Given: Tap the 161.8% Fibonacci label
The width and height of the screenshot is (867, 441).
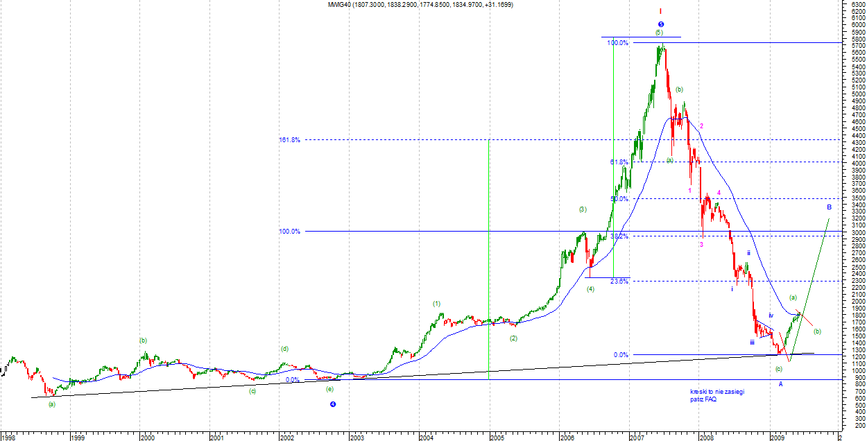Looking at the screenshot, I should (289, 140).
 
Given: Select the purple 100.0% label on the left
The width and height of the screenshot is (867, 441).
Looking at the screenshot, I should (289, 232).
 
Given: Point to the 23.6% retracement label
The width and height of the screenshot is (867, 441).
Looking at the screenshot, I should (619, 281).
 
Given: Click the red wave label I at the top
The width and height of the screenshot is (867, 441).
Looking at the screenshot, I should (660, 11).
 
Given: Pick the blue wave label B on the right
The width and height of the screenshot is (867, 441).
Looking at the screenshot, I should (829, 207).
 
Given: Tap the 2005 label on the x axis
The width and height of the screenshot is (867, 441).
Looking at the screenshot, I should (497, 438).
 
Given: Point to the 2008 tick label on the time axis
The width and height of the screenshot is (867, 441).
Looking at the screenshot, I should (707, 438).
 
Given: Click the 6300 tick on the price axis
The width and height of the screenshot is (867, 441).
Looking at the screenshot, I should (852, 4).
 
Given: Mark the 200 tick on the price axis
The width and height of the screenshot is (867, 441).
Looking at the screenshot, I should (850, 426).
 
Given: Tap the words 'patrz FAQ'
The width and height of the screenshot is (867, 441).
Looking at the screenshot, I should (703, 399).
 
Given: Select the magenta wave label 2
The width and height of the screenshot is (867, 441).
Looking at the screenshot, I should (701, 126).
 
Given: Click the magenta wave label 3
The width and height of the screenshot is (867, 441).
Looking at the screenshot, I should (701, 245).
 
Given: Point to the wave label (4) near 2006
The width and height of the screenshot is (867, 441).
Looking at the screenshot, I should (590, 289).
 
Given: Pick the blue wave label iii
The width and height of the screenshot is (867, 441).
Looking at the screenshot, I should (752, 343).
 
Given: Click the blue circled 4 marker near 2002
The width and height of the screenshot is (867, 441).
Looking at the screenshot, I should (333, 404).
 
